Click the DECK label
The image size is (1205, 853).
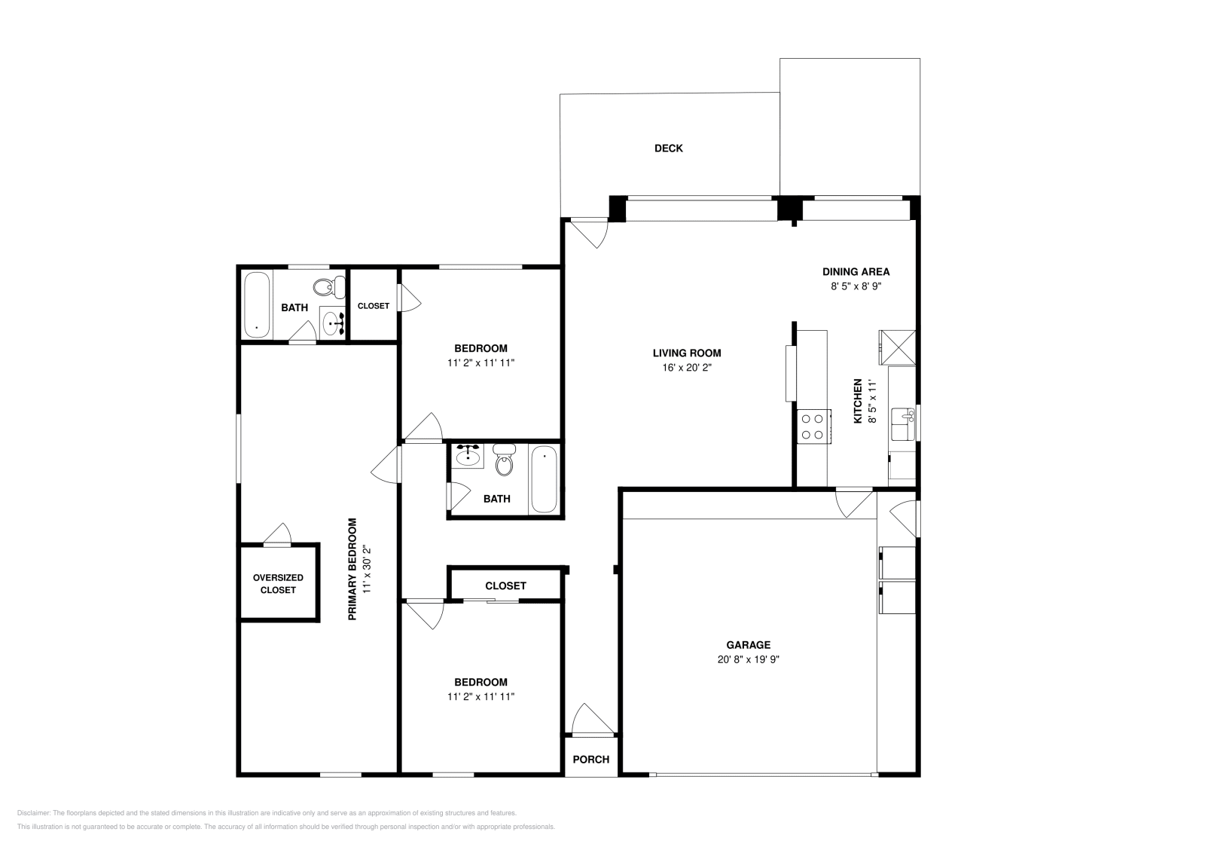coord(668,148)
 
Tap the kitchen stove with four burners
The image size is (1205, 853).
coord(813,426)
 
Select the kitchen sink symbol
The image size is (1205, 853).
coord(901,423)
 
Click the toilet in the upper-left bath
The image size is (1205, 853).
coord(325,287)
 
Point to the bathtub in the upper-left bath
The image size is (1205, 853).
coord(257,305)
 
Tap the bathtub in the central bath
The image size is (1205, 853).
coord(544,479)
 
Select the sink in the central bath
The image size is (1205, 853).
coord(468,455)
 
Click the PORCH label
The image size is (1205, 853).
coord(590,759)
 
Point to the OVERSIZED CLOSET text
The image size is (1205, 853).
coord(278,584)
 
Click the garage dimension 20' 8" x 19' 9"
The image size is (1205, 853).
coord(748,659)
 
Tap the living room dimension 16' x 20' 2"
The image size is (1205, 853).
coord(686,368)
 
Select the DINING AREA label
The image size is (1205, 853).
coord(856,272)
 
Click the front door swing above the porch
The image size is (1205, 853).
coord(589,720)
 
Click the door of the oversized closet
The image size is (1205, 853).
coord(278,534)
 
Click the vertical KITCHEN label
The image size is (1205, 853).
coord(857,401)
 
